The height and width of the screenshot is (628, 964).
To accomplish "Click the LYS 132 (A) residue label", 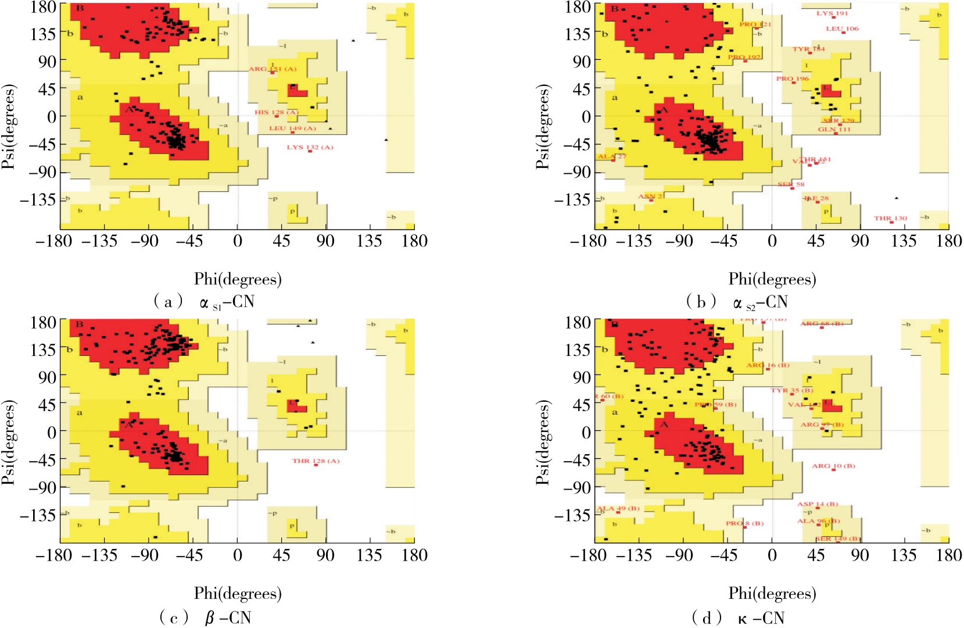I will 310,147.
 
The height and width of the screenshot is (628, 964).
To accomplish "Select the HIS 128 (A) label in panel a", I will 276,112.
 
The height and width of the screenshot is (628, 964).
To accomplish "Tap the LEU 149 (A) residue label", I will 292,128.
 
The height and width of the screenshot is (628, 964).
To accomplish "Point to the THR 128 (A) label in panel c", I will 316,461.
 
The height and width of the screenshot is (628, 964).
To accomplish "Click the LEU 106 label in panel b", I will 842,28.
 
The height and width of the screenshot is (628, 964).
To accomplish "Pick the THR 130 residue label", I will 890,218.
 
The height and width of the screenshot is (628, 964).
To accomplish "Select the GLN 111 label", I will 834,129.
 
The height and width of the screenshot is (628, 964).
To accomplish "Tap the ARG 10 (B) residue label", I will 833,466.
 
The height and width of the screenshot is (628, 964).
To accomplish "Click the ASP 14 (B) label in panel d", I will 817,504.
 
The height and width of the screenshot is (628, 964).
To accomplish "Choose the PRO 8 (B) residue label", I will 744,523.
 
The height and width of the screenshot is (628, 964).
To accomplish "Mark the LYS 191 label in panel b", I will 832,13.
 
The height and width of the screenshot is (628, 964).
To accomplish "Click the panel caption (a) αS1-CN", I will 203,302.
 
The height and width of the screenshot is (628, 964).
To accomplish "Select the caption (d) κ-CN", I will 738,618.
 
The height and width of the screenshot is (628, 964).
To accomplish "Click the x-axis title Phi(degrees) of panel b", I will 772,280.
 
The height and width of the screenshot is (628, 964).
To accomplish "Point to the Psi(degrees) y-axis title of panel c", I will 8,443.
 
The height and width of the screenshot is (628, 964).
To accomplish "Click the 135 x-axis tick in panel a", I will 369,241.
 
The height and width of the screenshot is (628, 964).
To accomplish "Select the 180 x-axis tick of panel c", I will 414,555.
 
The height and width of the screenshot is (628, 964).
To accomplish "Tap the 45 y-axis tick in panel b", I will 578,89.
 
